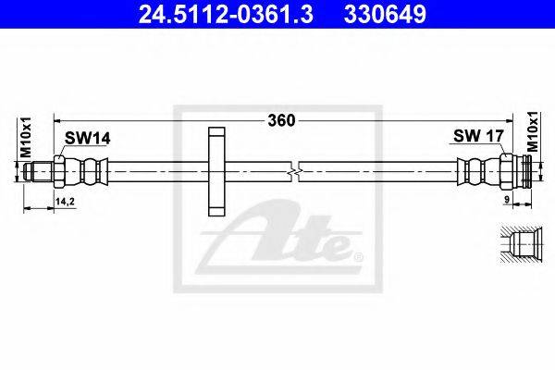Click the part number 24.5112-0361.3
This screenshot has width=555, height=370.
coord(226,14)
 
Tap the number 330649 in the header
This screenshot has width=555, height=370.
coord(386,14)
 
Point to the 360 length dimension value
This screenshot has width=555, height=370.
coord(281,121)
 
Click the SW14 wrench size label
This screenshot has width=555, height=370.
coord(88,139)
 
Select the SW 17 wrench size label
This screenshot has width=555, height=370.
coord(478,136)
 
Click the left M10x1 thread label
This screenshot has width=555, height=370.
coord(26,138)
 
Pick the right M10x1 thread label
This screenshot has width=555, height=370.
coord(532,131)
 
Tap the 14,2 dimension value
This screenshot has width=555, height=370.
coord(65,202)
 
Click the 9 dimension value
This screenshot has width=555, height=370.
coord(507,200)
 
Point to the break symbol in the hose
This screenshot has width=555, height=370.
coord(294,172)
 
